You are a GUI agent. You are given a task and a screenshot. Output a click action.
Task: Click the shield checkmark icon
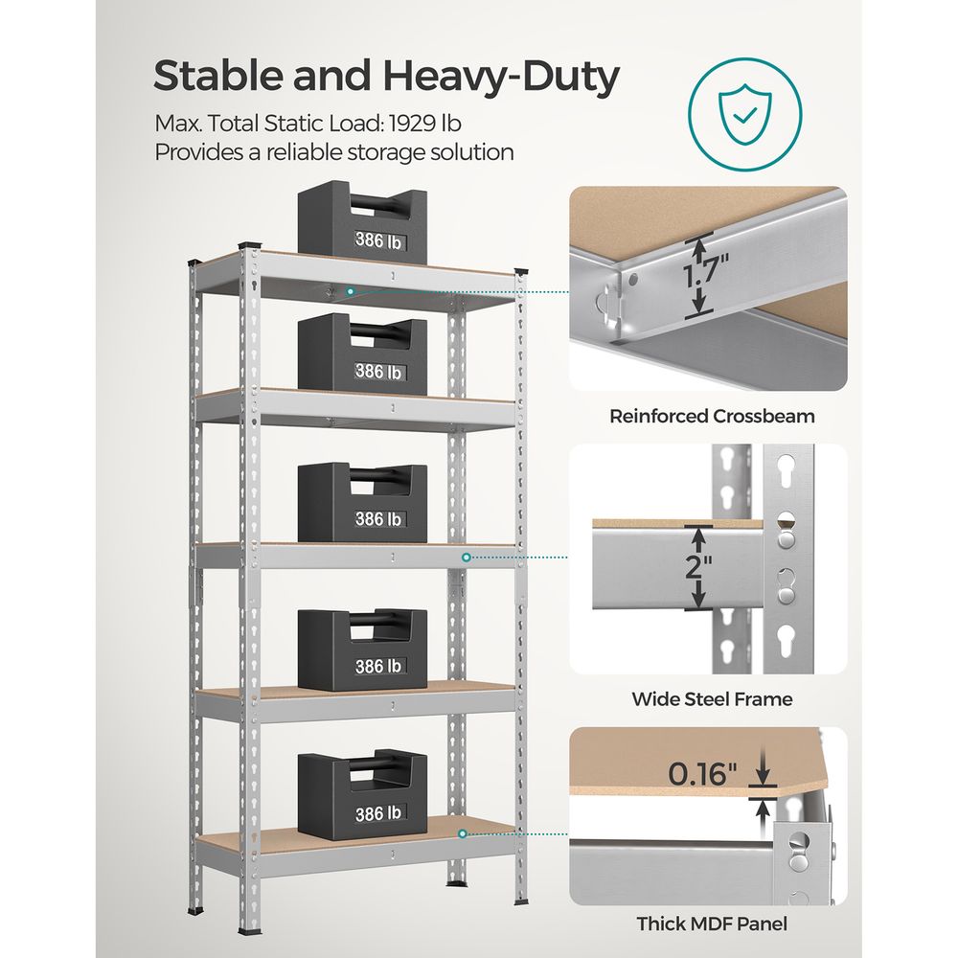pyautogui.click(x=743, y=119)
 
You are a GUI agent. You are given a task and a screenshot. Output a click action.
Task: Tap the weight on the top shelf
pyautogui.click(x=362, y=221)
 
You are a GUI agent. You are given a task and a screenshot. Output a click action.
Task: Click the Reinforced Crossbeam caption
pyautogui.click(x=712, y=416)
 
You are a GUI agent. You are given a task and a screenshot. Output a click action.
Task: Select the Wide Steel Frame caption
pyautogui.click(x=712, y=699)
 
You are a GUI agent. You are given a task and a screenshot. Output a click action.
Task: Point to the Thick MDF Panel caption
pyautogui.click(x=712, y=924)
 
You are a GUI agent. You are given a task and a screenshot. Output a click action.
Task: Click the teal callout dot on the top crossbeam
pyautogui.click(x=352, y=289)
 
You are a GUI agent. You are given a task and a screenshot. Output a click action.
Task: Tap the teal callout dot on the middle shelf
pyautogui.click(x=468, y=557)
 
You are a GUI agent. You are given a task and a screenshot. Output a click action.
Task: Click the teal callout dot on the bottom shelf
pyautogui.click(x=462, y=834)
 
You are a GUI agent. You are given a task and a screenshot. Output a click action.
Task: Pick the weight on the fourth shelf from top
pyautogui.click(x=362, y=649)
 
